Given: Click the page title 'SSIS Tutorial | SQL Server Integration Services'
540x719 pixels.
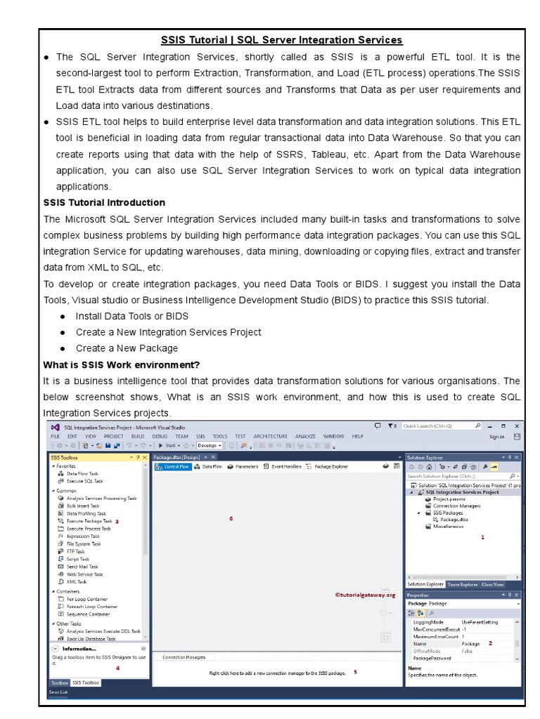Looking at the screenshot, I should tap(281, 40).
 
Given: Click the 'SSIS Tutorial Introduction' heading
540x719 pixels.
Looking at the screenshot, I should tap(104, 203).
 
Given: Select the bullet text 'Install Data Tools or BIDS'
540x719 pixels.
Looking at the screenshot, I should tap(131, 316).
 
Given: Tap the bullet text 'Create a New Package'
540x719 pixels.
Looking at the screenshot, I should tap(127, 348).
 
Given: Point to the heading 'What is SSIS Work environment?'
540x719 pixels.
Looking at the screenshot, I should tap(121, 365).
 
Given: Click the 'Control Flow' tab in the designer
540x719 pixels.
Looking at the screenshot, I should tap(176, 467).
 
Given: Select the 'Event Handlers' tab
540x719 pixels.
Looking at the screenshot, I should tap(286, 467).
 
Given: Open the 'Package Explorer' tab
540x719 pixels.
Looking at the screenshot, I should tap(330, 467).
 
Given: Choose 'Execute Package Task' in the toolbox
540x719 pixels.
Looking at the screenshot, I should tap(89, 521).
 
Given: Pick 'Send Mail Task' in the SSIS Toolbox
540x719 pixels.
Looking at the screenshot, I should tap(82, 567).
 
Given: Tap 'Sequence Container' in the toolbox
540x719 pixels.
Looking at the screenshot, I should tap(88, 614).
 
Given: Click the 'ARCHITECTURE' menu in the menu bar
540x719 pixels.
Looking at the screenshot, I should tap(271, 436).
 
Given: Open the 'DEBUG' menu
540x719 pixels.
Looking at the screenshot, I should tap(160, 436).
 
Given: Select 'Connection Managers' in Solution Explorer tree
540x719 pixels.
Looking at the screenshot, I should tap(456, 506).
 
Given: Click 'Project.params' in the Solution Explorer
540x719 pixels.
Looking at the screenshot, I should tap(450, 499).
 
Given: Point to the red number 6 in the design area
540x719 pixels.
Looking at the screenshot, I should tap(231, 519).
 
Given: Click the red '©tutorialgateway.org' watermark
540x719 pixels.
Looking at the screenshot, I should tap(366, 595).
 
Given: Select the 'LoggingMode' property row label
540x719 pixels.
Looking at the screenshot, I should tap(428, 622).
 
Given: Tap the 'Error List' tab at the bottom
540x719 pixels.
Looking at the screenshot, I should tap(58, 692).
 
